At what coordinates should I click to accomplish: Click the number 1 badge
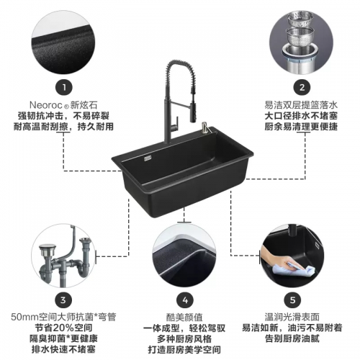click(x=64, y=87)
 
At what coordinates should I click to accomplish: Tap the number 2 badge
click(x=302, y=87)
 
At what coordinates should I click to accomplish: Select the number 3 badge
click(x=63, y=300)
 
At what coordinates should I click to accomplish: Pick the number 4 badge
click(x=185, y=300)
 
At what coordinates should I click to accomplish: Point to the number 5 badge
click(x=292, y=300)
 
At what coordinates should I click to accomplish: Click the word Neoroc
click(x=45, y=105)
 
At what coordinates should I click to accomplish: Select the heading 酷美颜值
click(x=184, y=318)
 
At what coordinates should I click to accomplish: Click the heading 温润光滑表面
click(x=292, y=317)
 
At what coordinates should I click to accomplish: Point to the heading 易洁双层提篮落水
click(x=301, y=105)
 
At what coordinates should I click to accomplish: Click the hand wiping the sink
click(x=279, y=259)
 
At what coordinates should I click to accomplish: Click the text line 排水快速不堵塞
click(x=63, y=349)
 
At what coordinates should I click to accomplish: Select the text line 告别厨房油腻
click(x=292, y=338)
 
